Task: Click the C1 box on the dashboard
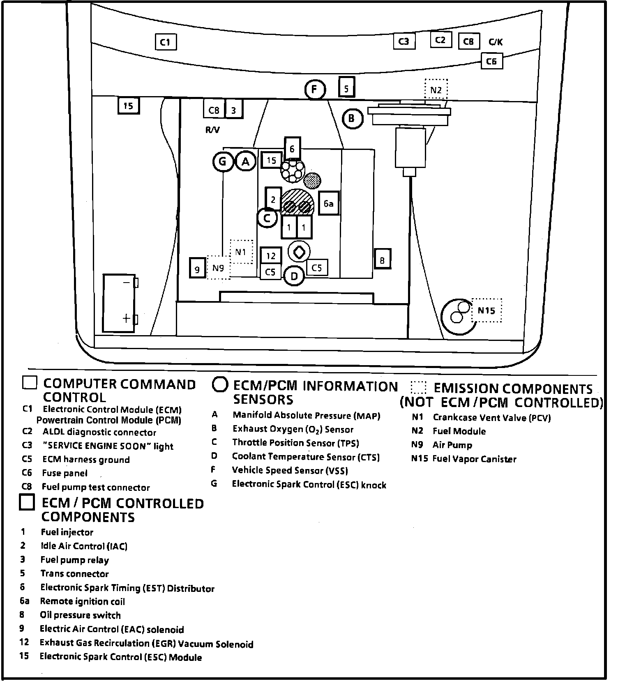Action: click(166, 42)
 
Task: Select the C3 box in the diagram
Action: click(404, 41)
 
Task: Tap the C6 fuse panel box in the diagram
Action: click(491, 62)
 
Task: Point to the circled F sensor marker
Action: click(315, 89)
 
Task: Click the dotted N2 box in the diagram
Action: click(436, 90)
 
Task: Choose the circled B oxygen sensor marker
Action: click(352, 119)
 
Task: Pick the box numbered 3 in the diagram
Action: click(233, 110)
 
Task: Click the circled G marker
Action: click(223, 161)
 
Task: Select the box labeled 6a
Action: click(328, 203)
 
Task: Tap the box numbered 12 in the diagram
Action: click(271, 256)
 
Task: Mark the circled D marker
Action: click(294, 276)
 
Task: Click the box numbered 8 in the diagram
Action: click(382, 260)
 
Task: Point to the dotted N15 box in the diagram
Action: click(487, 311)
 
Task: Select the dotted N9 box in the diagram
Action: click(218, 268)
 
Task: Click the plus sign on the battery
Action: click(126, 318)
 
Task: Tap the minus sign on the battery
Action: click(126, 283)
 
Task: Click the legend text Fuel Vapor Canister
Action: click(474, 459)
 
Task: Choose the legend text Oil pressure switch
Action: click(80, 615)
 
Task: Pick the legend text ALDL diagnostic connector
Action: click(99, 433)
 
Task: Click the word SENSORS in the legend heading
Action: click(263, 400)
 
